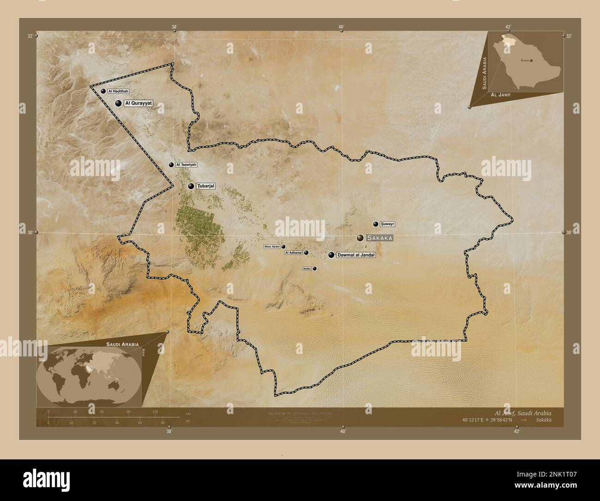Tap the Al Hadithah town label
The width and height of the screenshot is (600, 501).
pos(118,92)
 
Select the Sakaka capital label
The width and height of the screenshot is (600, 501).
pos(381,238)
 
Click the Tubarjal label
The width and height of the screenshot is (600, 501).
pos(206,186)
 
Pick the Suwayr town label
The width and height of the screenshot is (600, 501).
pos(388,224)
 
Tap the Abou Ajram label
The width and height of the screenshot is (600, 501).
pos(272,247)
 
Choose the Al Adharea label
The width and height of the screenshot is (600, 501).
pos(293,253)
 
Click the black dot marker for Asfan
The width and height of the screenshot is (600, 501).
pos(315,269)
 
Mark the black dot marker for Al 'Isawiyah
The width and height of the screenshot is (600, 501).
pos(171,165)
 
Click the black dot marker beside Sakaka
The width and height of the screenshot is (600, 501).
pos(360,238)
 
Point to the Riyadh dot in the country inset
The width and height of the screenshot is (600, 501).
pos(531,61)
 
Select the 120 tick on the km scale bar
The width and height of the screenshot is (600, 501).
pos(155,411)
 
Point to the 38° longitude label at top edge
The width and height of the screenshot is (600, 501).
pos(174,27)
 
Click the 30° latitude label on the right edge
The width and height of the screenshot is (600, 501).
pos(569,232)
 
